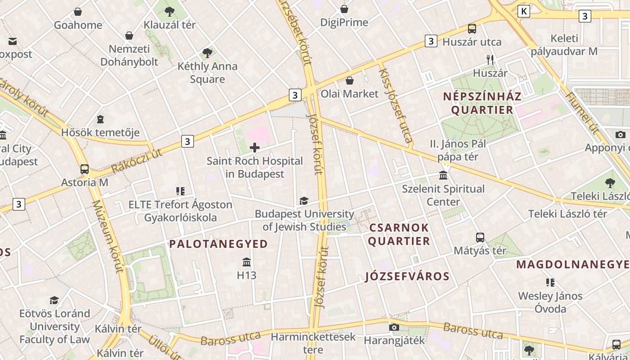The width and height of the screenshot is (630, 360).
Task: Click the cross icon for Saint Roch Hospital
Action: pyautogui.click(x=255, y=148)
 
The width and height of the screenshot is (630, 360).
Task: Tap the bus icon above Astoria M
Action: pyautogui.click(x=85, y=170)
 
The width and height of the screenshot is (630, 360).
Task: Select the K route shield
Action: pyautogui.click(x=524, y=11)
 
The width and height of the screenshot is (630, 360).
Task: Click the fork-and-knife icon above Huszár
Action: pyautogui.click(x=490, y=59)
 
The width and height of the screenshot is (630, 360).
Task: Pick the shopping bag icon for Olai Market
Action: pyautogui.click(x=350, y=81)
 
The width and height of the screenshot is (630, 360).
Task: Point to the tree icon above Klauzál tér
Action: pyautogui.click(x=169, y=12)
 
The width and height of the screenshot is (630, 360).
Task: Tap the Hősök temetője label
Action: pyautogui.click(x=100, y=133)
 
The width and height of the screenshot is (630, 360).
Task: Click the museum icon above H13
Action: pyautogui.click(x=247, y=262)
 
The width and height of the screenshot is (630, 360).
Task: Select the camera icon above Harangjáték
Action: pyautogui.click(x=394, y=327)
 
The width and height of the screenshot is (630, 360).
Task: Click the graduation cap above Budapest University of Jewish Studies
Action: pyautogui.click(x=304, y=201)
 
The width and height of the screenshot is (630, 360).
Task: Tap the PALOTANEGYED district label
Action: pyautogui.click(x=218, y=244)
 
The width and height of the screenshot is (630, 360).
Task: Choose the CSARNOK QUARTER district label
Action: pyautogui.click(x=399, y=234)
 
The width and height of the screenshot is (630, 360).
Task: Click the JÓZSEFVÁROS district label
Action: pyautogui.click(x=407, y=276)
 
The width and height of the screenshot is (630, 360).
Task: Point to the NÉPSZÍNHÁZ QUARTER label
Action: pyautogui.click(x=482, y=103)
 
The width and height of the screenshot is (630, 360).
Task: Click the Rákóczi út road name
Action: pyautogui.click(x=136, y=161)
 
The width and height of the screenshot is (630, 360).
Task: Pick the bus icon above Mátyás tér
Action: pyautogui.click(x=480, y=238)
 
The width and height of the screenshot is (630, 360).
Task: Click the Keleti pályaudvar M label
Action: pyautogui.click(x=564, y=45)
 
